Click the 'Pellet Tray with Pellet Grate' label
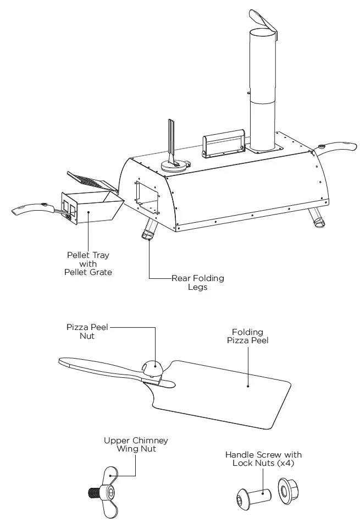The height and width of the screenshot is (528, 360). [x=88, y=264]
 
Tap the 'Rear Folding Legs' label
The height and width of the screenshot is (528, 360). [x=197, y=283]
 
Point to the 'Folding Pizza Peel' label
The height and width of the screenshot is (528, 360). [x=247, y=336]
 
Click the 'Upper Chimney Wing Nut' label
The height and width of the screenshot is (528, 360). [x=136, y=444]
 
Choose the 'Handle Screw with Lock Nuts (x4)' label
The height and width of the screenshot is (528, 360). [x=263, y=459]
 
